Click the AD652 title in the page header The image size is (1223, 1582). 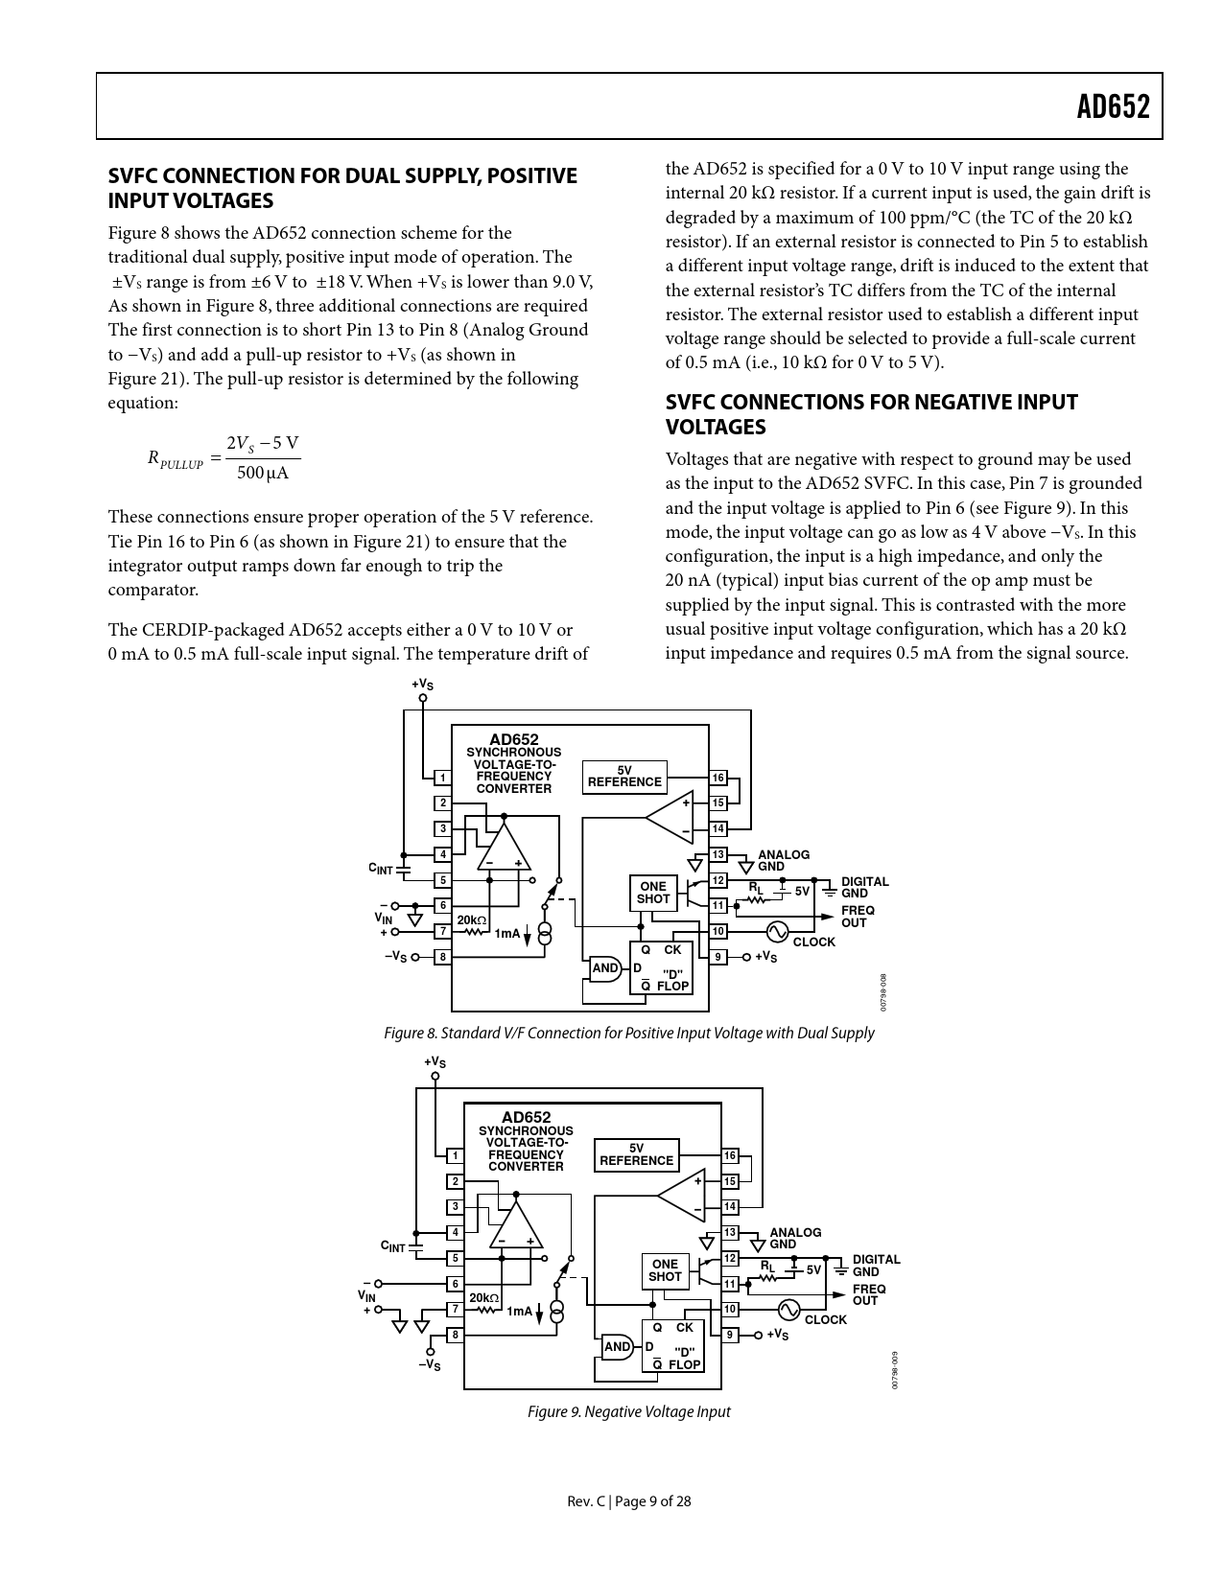click(1113, 106)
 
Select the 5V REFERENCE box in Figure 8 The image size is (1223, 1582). click(624, 777)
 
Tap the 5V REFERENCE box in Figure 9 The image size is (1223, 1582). click(636, 1154)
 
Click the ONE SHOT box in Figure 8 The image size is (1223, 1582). click(653, 893)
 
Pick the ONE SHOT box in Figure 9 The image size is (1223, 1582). click(665, 1270)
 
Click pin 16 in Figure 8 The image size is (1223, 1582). click(717, 778)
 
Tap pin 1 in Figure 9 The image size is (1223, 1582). click(456, 1155)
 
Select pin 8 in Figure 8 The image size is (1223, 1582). click(442, 957)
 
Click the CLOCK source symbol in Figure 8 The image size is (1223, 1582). click(775, 931)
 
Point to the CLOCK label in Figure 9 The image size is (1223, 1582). click(825, 1320)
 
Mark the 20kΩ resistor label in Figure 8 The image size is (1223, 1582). click(471, 920)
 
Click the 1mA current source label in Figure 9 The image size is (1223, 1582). click(519, 1312)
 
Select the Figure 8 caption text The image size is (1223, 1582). click(628, 1034)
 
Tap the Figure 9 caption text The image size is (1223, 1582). click(628, 1411)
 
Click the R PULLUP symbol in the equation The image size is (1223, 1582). click(176, 459)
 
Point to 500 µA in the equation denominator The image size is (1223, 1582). click(263, 473)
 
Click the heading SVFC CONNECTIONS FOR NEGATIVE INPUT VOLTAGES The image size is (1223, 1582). click(871, 414)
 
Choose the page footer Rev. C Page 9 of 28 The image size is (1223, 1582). click(628, 1501)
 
